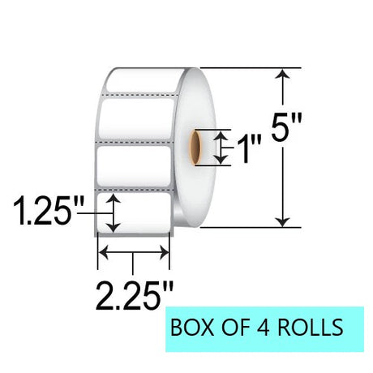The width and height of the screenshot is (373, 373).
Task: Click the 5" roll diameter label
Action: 286,127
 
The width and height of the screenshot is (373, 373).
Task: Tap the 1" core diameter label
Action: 249,149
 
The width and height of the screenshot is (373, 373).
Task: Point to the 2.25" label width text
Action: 135,295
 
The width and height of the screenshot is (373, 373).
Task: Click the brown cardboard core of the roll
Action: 195,148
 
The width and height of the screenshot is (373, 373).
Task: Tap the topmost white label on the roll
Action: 144,80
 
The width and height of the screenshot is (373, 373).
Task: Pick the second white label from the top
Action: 136,118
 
